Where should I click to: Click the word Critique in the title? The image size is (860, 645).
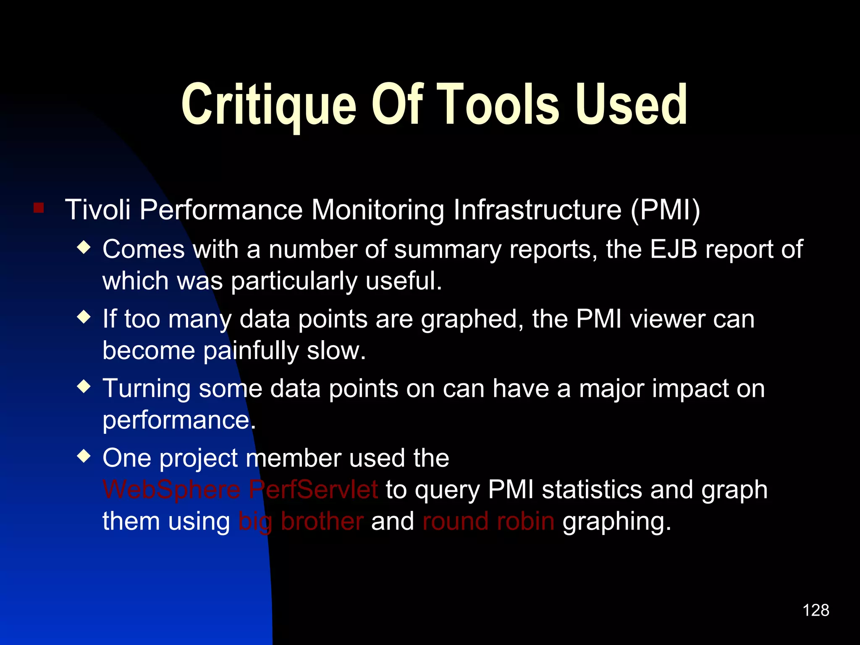(x=269, y=105)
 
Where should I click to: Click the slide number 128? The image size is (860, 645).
(x=815, y=610)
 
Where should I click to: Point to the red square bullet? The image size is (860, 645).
(x=39, y=208)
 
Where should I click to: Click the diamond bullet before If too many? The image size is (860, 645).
(x=84, y=317)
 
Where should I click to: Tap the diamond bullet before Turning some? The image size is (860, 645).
(x=84, y=386)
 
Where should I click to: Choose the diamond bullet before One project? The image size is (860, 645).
(x=84, y=456)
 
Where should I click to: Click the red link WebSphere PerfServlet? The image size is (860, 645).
(x=240, y=490)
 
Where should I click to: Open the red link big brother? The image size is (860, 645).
(x=301, y=522)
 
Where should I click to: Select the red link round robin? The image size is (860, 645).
(x=488, y=522)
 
